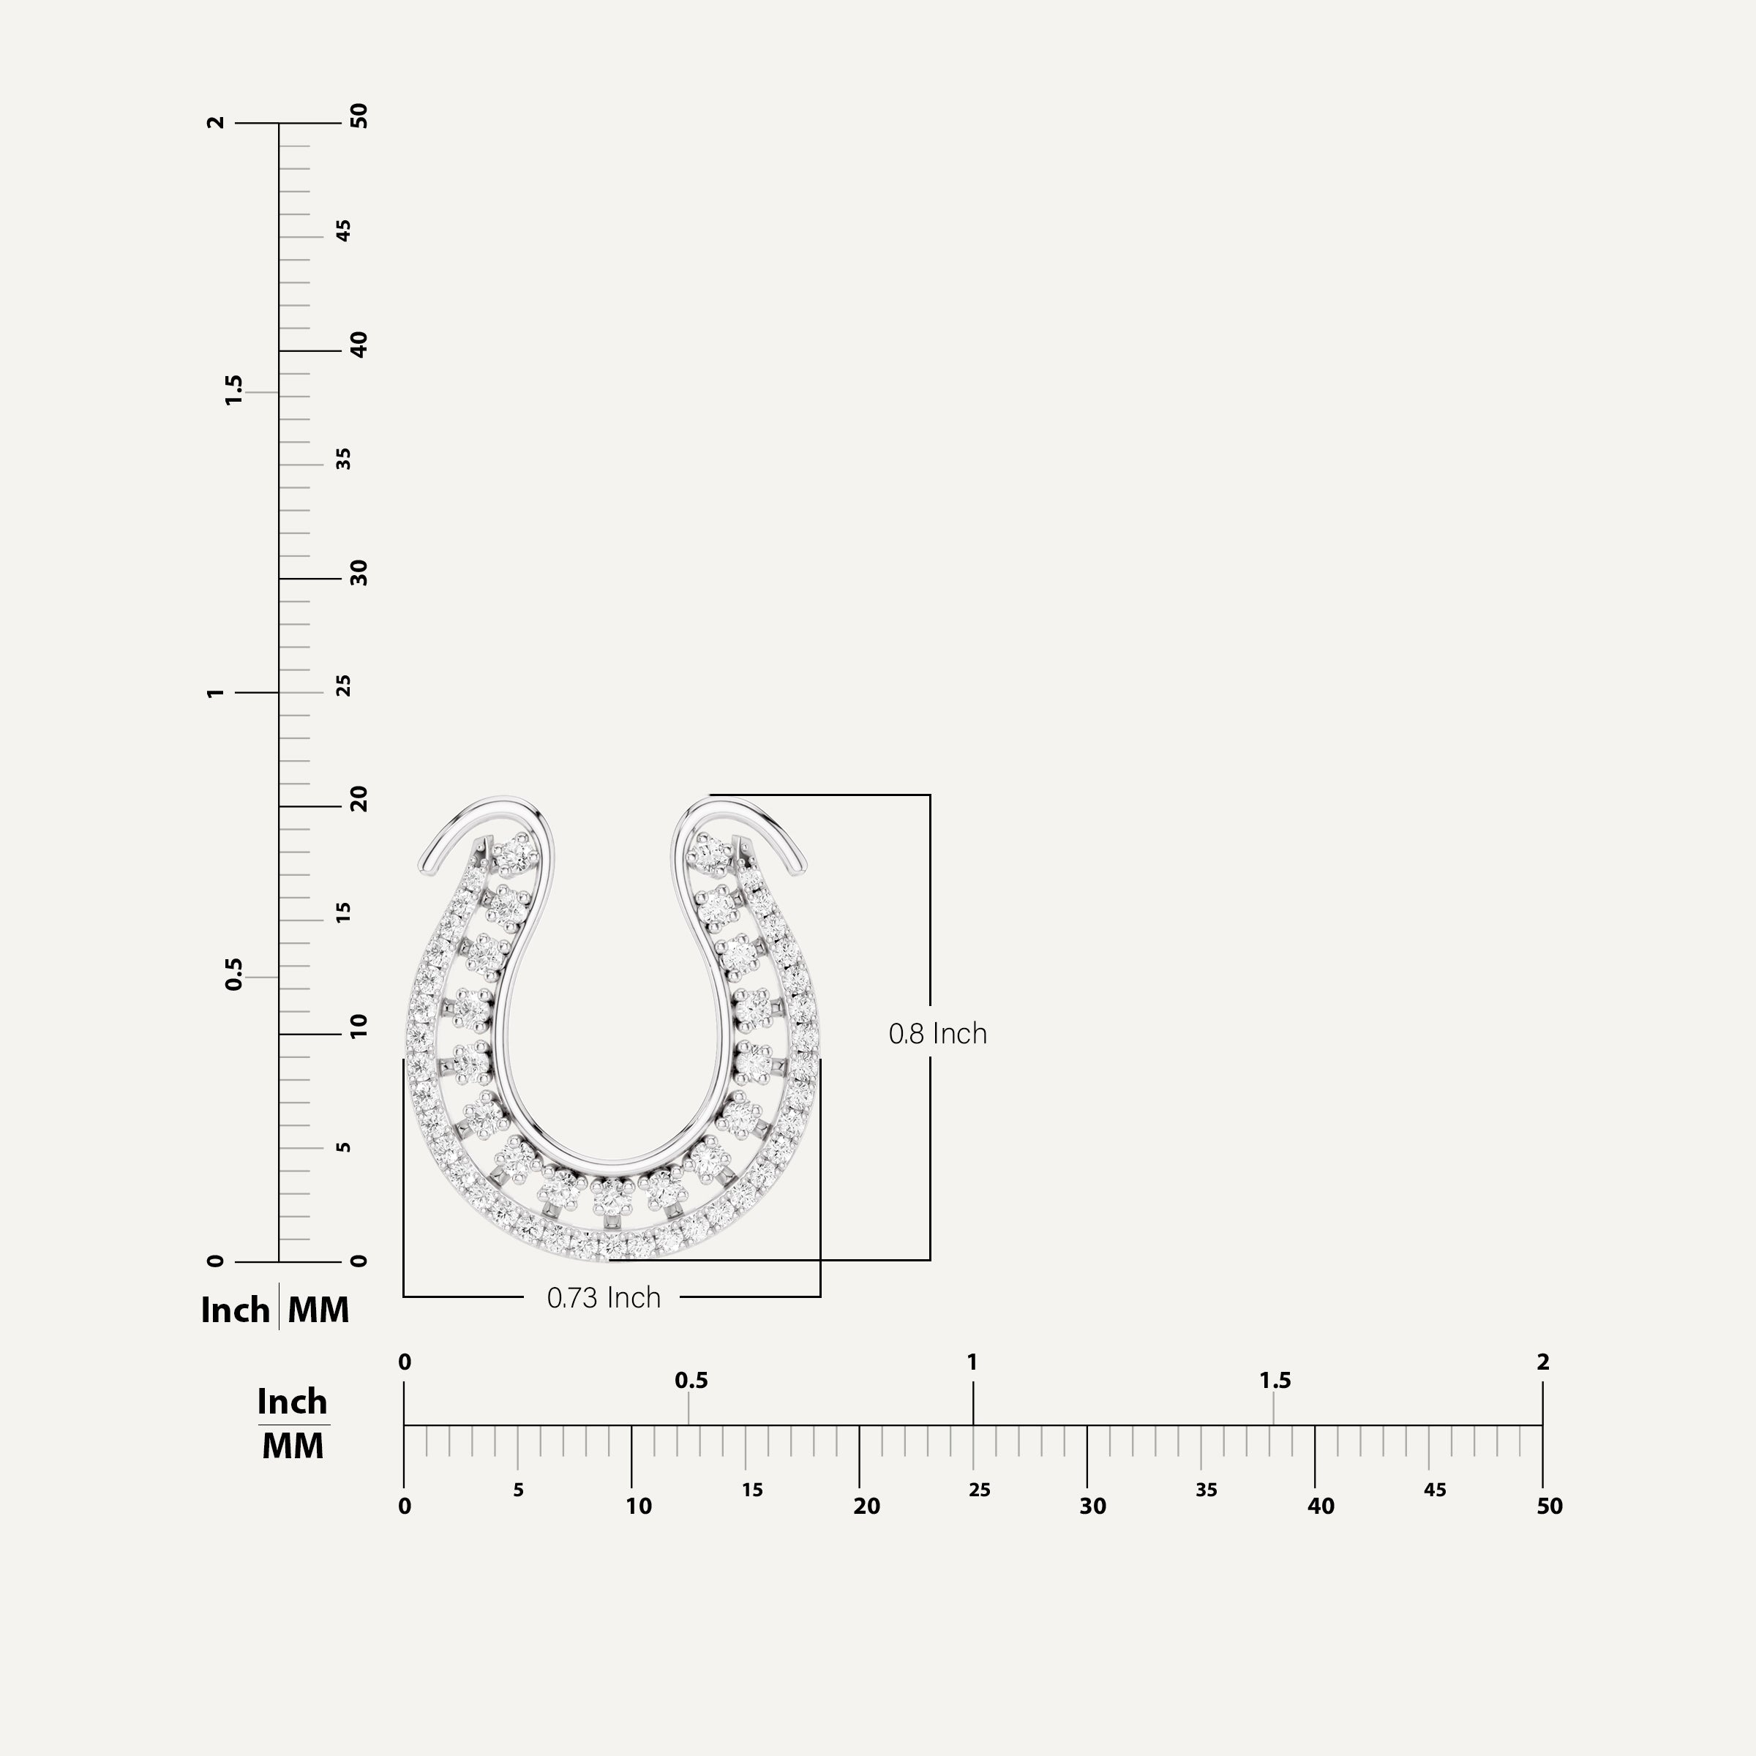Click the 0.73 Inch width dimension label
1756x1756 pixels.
(604, 1298)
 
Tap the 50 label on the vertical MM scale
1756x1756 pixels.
(360, 116)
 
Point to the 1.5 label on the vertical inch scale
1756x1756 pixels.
(233, 390)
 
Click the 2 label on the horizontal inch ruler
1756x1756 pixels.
(1542, 1362)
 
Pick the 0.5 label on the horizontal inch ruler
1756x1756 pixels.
(691, 1381)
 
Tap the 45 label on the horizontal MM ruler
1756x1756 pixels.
(1434, 1490)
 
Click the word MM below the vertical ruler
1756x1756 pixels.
(318, 1310)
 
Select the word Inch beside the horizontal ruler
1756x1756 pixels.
(292, 1402)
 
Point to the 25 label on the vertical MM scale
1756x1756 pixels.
(344, 686)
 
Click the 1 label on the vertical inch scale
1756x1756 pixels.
(214, 693)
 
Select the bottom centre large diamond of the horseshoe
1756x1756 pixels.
(612, 1196)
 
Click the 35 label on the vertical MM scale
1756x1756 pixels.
(344, 459)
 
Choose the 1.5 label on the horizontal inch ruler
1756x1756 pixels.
(1275, 1381)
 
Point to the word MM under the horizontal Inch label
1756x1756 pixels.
(293, 1446)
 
